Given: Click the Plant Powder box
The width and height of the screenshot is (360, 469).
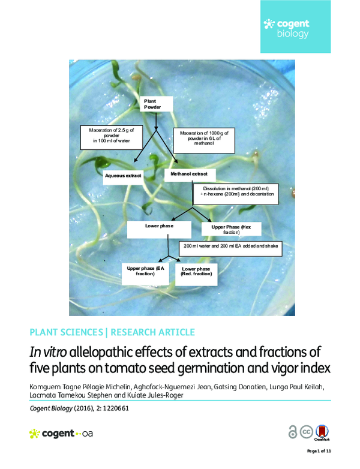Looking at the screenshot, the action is point(156,106).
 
